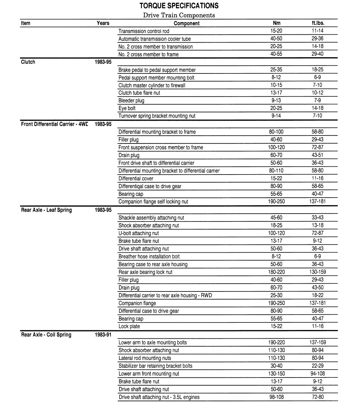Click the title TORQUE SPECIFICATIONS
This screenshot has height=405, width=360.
click(179, 6)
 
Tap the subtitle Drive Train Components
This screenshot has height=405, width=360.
click(179, 15)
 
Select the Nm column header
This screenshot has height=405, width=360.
click(277, 23)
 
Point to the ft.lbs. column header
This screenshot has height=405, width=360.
click(317, 23)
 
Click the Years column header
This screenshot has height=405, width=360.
click(103, 23)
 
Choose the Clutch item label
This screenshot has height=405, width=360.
click(28, 62)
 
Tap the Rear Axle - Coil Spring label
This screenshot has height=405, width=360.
click(46, 335)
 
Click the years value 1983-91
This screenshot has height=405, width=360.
click(103, 335)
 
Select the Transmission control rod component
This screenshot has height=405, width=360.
click(144, 31)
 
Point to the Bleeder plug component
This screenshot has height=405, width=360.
click(131, 101)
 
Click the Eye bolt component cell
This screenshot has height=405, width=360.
click(127, 108)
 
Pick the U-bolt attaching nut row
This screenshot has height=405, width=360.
click(138, 233)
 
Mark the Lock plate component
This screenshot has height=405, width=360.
click(129, 327)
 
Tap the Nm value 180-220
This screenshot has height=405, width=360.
click(277, 272)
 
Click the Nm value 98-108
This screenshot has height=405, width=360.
click(277, 397)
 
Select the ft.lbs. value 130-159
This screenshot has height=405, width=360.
click(317, 272)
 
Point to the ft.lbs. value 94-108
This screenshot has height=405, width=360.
click(317, 374)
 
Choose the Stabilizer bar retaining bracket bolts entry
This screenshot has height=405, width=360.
click(155, 366)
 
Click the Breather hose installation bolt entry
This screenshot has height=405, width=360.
click(149, 257)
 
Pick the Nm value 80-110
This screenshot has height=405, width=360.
click(277, 171)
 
